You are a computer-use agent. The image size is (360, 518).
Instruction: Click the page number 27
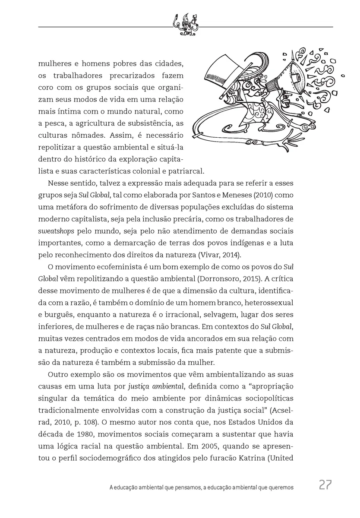[325, 485]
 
